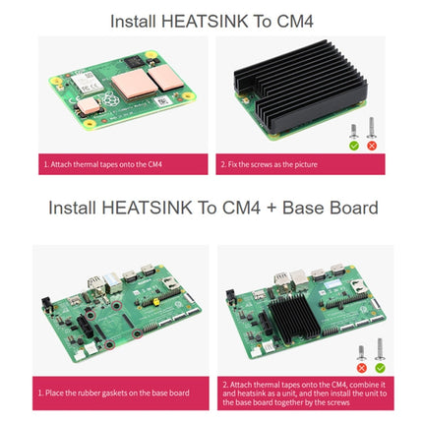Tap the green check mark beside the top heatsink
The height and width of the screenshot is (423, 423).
click(x=353, y=146)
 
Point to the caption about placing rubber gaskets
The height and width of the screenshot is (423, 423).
click(x=113, y=393)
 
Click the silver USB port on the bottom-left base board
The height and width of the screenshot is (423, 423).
click(x=96, y=281)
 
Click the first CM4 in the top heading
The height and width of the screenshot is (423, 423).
click(x=295, y=20)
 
